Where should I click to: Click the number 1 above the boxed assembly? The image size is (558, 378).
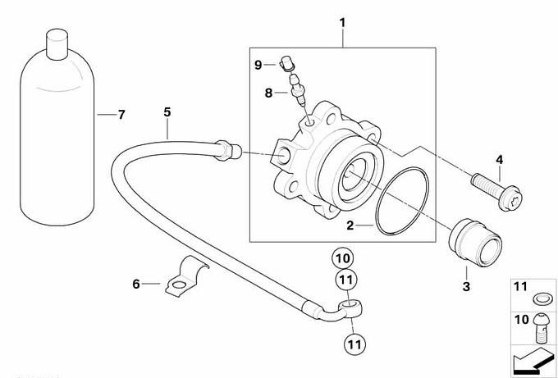343,15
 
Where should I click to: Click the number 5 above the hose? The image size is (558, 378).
167,111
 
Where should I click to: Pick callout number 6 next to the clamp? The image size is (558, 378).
136,284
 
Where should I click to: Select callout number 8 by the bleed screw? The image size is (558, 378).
268,93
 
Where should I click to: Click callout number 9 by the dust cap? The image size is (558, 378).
258,63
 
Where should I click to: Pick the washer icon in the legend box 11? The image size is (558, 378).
541,297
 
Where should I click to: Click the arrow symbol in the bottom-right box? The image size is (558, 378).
531,358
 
